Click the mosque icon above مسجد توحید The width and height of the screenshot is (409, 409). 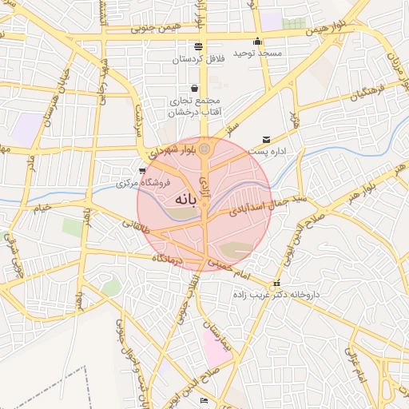[x=256, y=42]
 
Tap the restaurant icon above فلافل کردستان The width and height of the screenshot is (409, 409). [x=198, y=46]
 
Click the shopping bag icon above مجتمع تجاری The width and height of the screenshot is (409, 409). [x=194, y=88]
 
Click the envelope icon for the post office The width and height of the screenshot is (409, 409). [x=266, y=140]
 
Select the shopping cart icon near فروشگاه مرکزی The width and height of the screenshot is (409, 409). [x=142, y=170]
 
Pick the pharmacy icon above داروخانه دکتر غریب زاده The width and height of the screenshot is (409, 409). [x=276, y=283]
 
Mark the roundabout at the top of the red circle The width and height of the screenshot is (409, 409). [x=204, y=149]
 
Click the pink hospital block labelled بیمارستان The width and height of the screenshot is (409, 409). [x=216, y=345]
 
